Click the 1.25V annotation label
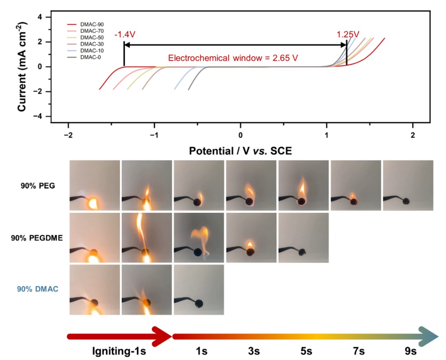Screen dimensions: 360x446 coord(347,34)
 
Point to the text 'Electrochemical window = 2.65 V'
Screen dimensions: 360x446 coord(233,58)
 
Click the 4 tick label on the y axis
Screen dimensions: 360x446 coord(40,17)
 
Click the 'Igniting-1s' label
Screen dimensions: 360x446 coord(120,352)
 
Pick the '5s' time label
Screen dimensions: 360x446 coord(306,352)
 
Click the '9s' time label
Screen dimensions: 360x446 coord(410,352)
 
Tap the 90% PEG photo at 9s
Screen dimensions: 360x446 coord(408,186)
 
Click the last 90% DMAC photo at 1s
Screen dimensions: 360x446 coord(199,290)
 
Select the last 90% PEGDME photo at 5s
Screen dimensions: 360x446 coord(304,238)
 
